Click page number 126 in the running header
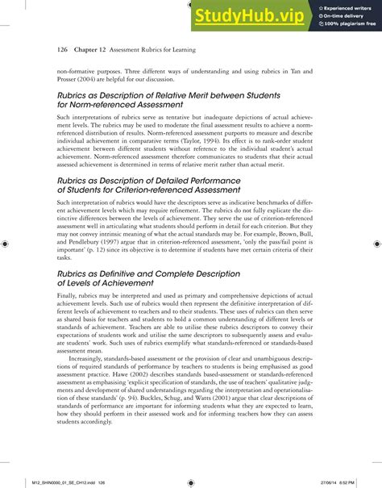(62, 48)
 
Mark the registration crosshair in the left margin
(6, 243)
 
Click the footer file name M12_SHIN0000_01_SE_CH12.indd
(47, 482)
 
